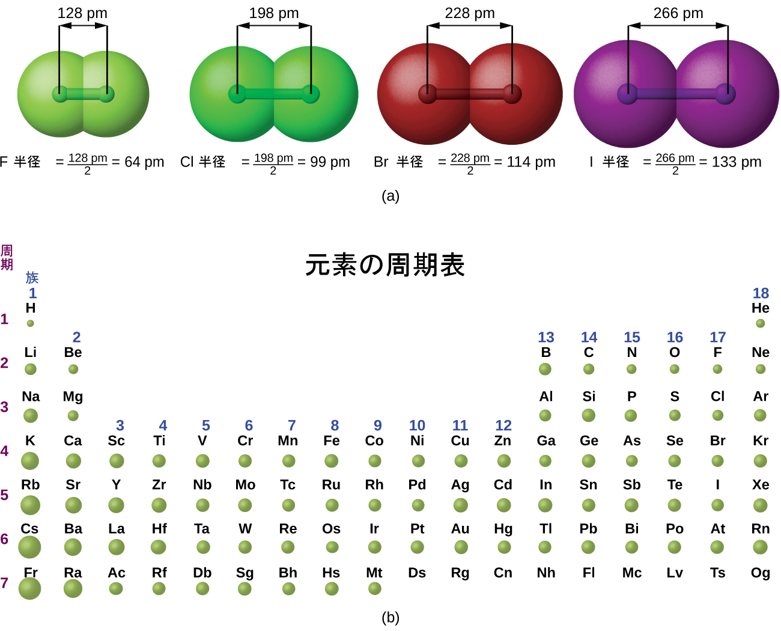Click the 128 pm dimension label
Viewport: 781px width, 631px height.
[x=82, y=13]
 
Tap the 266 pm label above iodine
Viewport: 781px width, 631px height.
[x=678, y=13]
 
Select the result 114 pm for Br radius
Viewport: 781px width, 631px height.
[x=531, y=162]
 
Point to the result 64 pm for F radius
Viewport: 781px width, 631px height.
[x=144, y=162]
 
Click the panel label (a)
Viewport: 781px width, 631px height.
[x=390, y=196]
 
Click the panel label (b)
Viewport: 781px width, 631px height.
[x=390, y=617]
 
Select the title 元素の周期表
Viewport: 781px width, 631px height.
[x=385, y=264]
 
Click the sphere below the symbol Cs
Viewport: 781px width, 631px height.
[x=29, y=547]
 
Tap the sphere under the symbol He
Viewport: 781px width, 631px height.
[x=760, y=323]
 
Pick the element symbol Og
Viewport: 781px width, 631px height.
[x=761, y=573]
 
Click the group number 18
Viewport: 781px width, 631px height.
[x=761, y=293]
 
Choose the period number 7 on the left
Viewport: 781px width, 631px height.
[x=4, y=583]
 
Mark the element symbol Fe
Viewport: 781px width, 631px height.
[x=332, y=440]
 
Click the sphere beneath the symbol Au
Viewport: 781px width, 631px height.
[x=461, y=547]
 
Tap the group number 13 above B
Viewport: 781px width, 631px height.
[x=546, y=337]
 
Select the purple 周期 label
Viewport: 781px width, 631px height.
[x=7, y=257]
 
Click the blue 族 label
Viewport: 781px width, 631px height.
[x=32, y=278]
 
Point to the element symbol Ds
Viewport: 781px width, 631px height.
[x=417, y=573]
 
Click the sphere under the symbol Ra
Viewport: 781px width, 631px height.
[x=73, y=589]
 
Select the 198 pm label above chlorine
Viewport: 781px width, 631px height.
[x=274, y=13]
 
